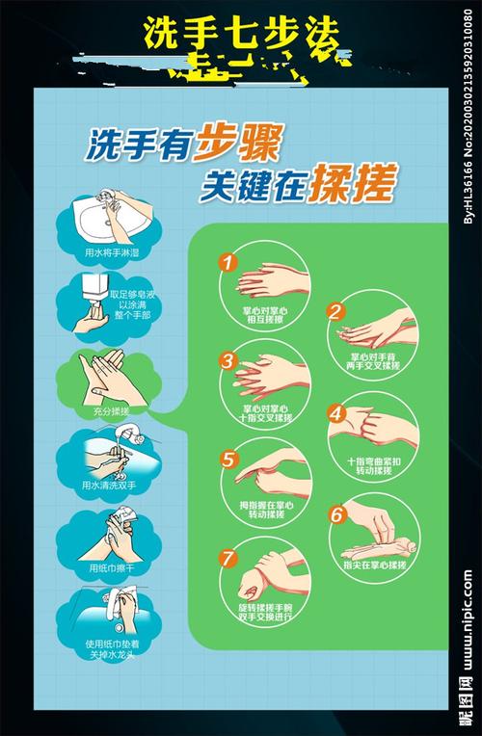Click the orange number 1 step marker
point(228,260)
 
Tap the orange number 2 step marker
point(335,311)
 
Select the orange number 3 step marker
point(228,360)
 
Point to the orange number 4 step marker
point(335,412)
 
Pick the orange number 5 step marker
point(228,460)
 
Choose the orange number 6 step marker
point(335,514)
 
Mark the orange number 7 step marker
point(228,557)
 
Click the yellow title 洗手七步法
point(241,35)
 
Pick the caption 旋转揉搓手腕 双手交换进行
point(266,612)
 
